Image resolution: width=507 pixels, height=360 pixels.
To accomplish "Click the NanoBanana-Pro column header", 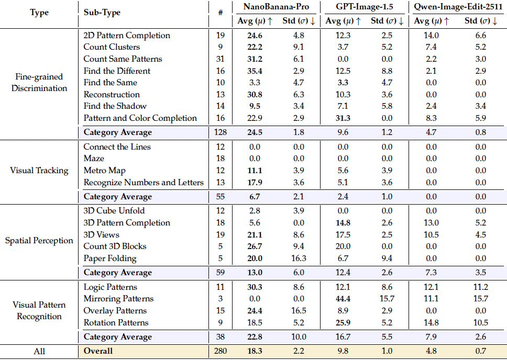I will [275, 8].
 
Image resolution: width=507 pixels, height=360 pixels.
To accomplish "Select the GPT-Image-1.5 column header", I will [365, 8].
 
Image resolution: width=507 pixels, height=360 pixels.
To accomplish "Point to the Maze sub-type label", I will [94, 159].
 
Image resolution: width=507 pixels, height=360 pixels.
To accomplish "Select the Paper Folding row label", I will [110, 258].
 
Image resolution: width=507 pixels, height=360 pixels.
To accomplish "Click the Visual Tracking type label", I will [39, 170].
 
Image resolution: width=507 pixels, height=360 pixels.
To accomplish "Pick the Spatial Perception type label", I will [39, 241].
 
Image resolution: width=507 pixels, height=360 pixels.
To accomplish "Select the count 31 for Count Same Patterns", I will [221, 59].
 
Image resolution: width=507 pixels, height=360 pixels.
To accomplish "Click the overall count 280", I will [221, 351].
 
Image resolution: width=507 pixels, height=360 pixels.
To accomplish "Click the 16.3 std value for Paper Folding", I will [297, 258].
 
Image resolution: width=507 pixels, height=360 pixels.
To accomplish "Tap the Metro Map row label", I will [105, 171].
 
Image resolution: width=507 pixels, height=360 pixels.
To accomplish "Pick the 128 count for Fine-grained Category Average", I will [221, 132].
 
